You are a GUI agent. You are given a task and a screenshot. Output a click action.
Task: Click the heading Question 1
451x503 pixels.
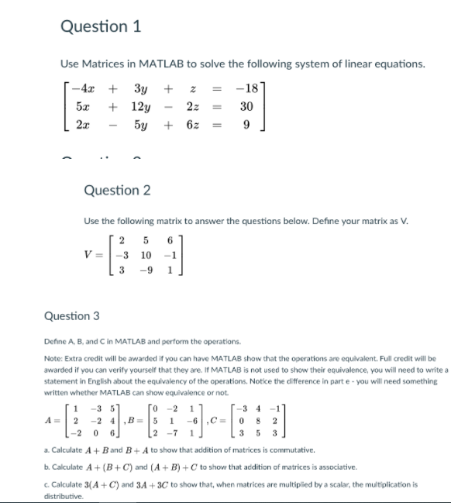coord(100,26)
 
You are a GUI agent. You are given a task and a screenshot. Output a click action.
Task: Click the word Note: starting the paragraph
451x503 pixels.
coord(55,360)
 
